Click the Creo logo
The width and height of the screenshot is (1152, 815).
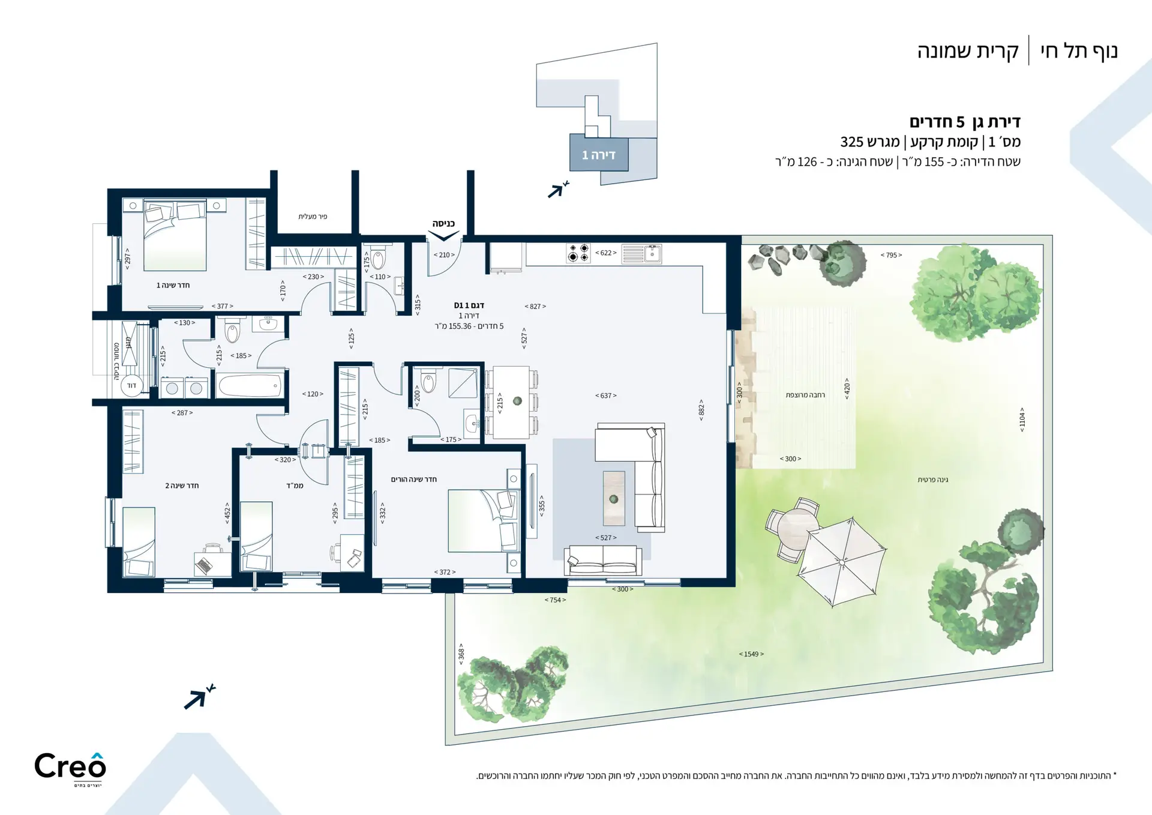click(x=70, y=769)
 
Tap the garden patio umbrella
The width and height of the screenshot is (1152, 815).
click(x=842, y=562)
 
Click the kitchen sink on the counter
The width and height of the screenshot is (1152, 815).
click(x=641, y=254)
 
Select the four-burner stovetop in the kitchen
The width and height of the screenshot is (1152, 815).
click(x=578, y=253)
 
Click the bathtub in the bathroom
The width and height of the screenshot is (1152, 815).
click(x=249, y=386)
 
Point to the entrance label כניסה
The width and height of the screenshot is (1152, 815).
click(x=443, y=223)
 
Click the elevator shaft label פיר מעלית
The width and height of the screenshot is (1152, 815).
click(x=313, y=216)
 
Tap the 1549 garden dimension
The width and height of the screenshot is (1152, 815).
click(x=751, y=654)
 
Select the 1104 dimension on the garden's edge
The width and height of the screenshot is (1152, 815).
click(x=1022, y=420)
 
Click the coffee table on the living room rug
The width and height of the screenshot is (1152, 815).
click(x=614, y=498)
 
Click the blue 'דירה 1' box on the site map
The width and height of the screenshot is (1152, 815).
click(x=599, y=154)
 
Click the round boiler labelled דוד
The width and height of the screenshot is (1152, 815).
click(x=132, y=385)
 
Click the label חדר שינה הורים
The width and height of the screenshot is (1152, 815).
click(x=414, y=479)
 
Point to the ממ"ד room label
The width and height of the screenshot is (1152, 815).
click(x=295, y=485)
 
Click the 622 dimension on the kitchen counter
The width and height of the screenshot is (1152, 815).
click(x=606, y=253)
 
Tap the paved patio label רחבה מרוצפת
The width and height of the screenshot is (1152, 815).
click(x=805, y=395)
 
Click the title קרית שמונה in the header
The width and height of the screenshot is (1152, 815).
click(x=967, y=51)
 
